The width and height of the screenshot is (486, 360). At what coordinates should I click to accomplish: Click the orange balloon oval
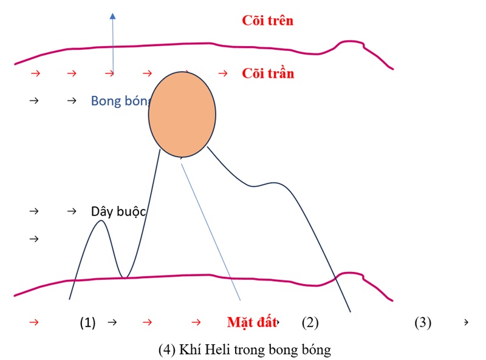point(182,114)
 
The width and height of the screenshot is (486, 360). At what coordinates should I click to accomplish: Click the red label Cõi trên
point(268,21)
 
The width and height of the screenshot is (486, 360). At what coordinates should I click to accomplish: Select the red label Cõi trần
point(268,73)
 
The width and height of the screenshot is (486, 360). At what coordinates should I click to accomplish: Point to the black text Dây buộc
point(120,211)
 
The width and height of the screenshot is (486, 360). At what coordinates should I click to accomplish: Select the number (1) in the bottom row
point(88,322)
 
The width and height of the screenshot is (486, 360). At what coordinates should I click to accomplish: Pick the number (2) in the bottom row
point(310,322)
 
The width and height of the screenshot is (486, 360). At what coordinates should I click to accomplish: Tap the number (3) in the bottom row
point(423,322)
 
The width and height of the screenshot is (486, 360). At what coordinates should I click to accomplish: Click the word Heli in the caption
point(220,350)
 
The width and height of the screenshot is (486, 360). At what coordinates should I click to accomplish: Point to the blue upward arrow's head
point(112,16)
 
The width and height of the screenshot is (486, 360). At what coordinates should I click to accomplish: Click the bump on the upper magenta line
point(349,42)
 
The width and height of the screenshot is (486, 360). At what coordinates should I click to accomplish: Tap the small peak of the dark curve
point(101,222)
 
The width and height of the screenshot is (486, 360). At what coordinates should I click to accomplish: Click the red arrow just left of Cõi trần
point(223,73)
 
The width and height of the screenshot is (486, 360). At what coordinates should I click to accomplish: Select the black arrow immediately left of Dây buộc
point(72,211)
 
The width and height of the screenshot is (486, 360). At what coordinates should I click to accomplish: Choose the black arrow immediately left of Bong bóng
point(72,100)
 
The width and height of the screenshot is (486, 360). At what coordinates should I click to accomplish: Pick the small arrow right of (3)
point(466,322)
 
